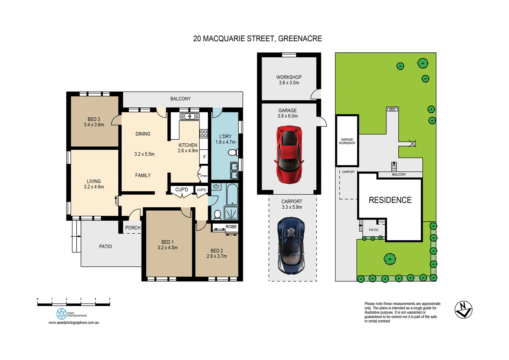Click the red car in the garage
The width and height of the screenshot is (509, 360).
[x=289, y=154]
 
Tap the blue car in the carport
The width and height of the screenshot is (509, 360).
[x=291, y=245]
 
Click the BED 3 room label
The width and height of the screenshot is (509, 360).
[x=94, y=122]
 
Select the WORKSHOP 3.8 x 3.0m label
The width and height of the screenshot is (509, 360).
[x=289, y=80]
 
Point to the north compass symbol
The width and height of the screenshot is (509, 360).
[x=463, y=310]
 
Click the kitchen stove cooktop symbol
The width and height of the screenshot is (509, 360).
[x=204, y=134]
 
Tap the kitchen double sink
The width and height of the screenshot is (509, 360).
[x=190, y=116]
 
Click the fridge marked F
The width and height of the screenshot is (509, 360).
[x=204, y=157]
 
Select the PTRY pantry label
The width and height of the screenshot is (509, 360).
[x=204, y=176]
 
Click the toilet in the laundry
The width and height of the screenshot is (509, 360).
[x=233, y=153]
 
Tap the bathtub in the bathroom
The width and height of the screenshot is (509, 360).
[x=232, y=194]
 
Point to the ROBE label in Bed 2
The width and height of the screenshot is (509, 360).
[x=231, y=227]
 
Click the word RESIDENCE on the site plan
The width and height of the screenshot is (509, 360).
[x=390, y=200]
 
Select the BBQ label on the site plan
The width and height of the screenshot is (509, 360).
[x=392, y=109]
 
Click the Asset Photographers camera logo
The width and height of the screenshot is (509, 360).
[x=62, y=314]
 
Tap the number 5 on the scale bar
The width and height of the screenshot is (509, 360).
[x=110, y=299]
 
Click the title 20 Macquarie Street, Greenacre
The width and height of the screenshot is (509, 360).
[x=257, y=39]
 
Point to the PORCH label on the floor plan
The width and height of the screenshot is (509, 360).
[x=133, y=228]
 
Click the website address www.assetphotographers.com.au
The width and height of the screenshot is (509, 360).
[x=74, y=323]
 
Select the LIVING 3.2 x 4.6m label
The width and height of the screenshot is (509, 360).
[x=94, y=184]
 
